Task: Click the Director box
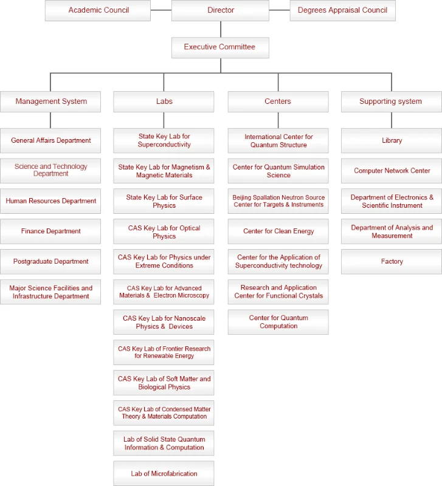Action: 220,10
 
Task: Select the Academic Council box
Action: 98,10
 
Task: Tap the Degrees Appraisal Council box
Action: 342,10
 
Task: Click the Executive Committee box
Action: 220,47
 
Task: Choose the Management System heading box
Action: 51,101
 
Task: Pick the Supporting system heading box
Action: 391,101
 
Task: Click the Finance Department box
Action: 51,231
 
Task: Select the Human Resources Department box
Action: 51,201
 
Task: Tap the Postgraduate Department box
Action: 51,262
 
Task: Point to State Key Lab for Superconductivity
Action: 164,140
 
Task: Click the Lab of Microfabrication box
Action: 164,474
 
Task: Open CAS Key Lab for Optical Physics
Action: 164,232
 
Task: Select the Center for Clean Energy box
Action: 278,231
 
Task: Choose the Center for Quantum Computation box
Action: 278,322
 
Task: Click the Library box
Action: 392,140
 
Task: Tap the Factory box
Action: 392,262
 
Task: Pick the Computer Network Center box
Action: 392,171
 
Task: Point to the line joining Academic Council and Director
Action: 161,10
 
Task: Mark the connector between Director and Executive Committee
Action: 220,29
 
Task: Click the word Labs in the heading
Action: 164,101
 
